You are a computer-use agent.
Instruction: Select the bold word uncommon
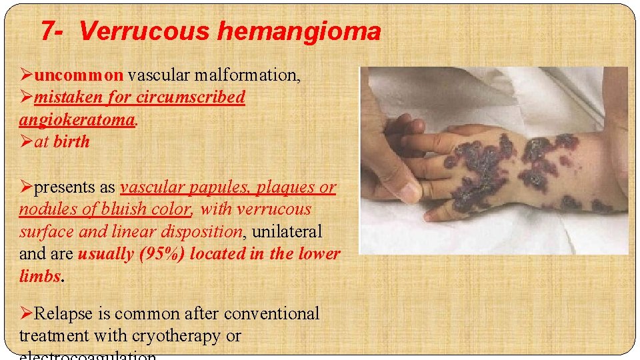tap(79, 75)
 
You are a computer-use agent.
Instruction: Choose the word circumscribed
tap(191, 97)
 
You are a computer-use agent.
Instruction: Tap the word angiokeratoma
tap(77, 119)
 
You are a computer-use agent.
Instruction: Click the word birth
tap(71, 141)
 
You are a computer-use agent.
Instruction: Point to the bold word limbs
tap(39, 277)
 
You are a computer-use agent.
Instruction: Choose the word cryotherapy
tap(177, 336)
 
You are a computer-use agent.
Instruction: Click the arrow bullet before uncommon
tap(27, 75)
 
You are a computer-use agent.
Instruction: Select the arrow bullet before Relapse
tap(27, 313)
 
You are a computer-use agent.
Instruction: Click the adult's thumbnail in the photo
tap(408, 192)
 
